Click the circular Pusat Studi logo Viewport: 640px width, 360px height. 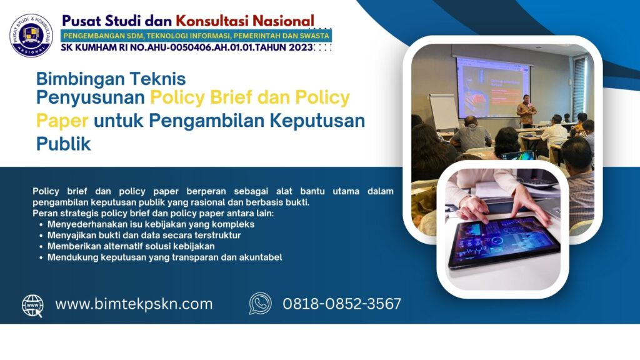pos(31,35)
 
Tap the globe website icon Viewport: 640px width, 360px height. pos(32,305)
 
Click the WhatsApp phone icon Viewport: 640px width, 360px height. pos(260,304)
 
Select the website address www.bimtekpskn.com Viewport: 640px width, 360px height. pos(134,304)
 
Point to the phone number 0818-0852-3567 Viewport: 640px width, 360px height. pos(342,304)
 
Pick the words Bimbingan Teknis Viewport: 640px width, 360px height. pos(111,79)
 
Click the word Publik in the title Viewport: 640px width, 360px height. pos(63,144)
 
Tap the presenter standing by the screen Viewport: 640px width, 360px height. pos(526,110)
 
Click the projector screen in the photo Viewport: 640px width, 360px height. pos(493,86)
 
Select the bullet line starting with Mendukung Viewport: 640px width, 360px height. pos(165,257)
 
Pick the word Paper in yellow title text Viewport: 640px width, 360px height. pos(62,121)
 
